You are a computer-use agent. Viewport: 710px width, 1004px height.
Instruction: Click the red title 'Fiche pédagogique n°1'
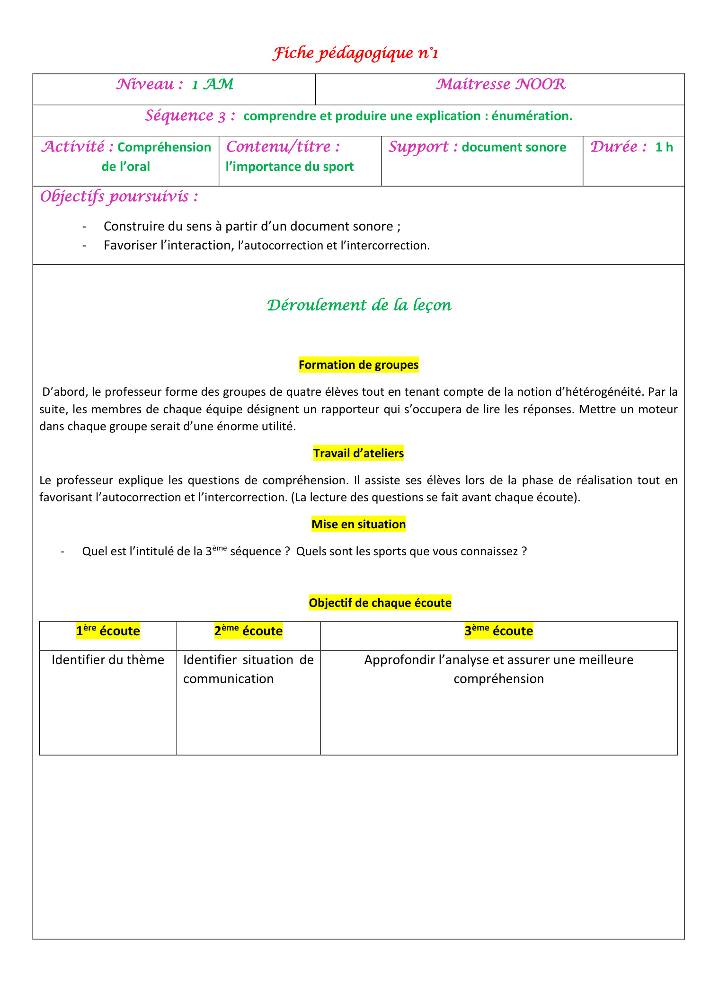pyautogui.click(x=355, y=53)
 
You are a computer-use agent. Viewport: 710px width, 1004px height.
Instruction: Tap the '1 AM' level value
pyautogui.click(x=213, y=85)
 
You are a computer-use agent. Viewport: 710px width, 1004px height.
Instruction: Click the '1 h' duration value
pyautogui.click(x=664, y=147)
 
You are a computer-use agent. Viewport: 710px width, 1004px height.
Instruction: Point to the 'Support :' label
pyautogui.click(x=423, y=147)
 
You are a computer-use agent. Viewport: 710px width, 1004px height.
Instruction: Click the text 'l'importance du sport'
pyautogui.click(x=290, y=167)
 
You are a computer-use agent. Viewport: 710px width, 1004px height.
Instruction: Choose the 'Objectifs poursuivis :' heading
pyautogui.click(x=119, y=196)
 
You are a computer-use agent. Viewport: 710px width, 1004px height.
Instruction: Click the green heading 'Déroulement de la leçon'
pyautogui.click(x=359, y=305)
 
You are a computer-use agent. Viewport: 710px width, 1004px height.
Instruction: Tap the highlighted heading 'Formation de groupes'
pyautogui.click(x=359, y=365)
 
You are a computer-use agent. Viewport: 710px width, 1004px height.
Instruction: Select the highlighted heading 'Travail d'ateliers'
pyautogui.click(x=359, y=453)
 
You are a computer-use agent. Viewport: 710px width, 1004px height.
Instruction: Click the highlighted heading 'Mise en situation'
pyautogui.click(x=359, y=524)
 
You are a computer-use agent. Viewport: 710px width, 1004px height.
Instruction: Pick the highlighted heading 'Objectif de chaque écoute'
pyautogui.click(x=380, y=603)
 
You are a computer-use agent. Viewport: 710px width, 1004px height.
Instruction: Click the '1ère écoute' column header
pyautogui.click(x=108, y=631)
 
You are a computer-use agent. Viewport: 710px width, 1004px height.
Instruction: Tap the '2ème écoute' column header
pyautogui.click(x=248, y=631)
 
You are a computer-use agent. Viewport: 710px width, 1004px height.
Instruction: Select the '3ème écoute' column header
pyautogui.click(x=499, y=631)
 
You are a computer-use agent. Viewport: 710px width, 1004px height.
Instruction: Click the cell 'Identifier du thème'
pyautogui.click(x=108, y=660)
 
